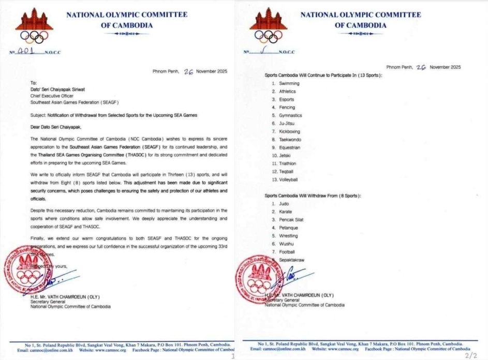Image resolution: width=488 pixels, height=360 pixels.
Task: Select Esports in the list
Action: tap(286, 99)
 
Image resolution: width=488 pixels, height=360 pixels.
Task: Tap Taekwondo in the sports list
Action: tap(289, 140)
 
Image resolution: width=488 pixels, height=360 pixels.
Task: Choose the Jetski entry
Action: tap(285, 155)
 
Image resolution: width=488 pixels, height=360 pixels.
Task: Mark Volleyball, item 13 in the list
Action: tap(288, 179)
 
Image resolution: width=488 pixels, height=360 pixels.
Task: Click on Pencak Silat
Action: tap(291, 220)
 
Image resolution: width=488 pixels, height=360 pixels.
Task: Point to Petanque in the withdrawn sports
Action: tap(288, 228)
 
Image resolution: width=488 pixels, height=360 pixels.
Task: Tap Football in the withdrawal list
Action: tap(287, 252)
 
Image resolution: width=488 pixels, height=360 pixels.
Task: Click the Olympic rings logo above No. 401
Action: tap(32, 36)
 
